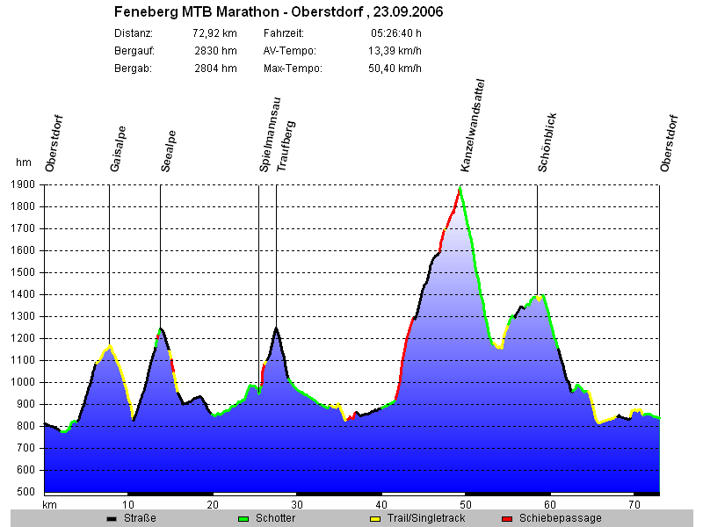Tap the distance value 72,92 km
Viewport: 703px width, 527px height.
[214, 33]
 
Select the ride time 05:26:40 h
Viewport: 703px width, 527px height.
[396, 33]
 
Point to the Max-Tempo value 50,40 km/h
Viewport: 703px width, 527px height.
[395, 69]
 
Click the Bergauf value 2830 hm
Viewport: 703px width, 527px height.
[215, 51]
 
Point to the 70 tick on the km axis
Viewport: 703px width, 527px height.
[634, 505]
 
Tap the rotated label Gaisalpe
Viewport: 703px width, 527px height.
[118, 149]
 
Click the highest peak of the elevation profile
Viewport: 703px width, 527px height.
[460, 188]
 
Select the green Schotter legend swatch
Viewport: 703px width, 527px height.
[243, 519]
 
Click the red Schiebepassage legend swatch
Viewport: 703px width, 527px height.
[507, 519]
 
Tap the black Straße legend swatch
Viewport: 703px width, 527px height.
[112, 519]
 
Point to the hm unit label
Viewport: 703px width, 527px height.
[24, 162]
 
